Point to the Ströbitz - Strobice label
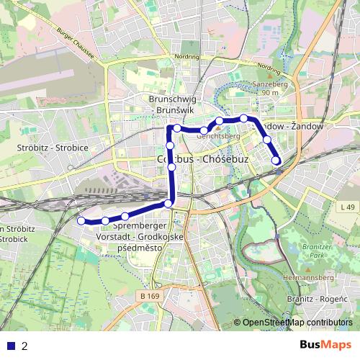click(x=52, y=148)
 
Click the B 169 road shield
click(x=150, y=297)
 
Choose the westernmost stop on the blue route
click(x=81, y=221)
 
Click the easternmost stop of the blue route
click(x=276, y=161)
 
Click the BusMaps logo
click(x=321, y=345)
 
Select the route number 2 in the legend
click(x=25, y=346)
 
